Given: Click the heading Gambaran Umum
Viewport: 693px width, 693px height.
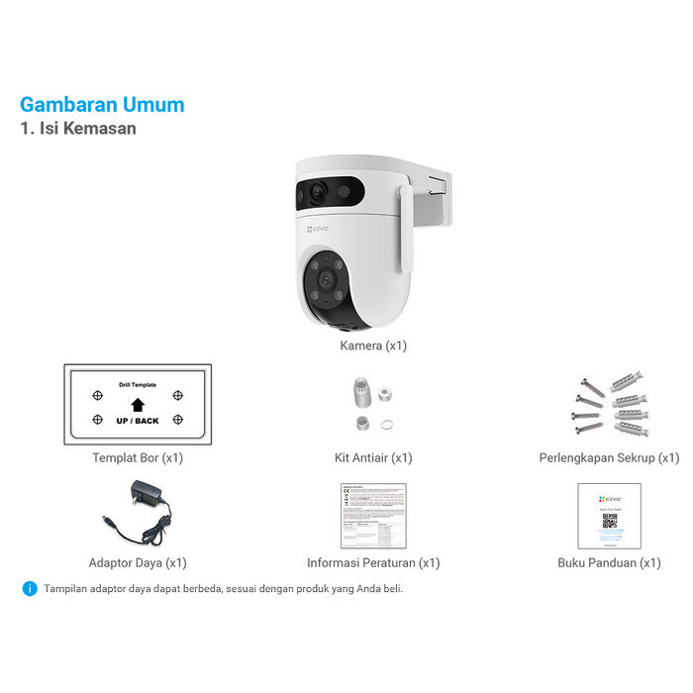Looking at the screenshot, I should coord(102,105).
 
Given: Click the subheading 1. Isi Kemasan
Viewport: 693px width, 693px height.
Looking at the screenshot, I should coord(78,129).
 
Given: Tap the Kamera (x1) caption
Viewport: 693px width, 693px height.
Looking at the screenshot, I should coord(373,346).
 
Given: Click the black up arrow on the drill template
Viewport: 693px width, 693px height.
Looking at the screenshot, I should coord(138,404).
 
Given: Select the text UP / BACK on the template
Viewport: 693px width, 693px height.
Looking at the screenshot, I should coord(138,421).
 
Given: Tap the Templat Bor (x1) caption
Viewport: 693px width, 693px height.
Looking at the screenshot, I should coord(138,458).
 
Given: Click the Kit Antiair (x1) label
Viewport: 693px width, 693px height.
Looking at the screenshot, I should coord(373,458).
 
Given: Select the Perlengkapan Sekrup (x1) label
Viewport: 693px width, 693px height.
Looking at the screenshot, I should coord(609,458).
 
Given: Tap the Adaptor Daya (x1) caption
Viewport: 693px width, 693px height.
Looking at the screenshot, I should coord(138,563).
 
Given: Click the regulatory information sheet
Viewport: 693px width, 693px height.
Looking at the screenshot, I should coord(373,516).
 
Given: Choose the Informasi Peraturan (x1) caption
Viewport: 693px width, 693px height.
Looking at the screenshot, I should coord(373,563).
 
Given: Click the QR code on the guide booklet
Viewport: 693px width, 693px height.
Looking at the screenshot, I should coord(610,519).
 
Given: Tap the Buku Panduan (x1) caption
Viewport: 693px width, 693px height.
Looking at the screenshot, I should coord(609,563).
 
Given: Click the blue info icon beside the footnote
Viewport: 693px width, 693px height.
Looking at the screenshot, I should coord(30,588).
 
